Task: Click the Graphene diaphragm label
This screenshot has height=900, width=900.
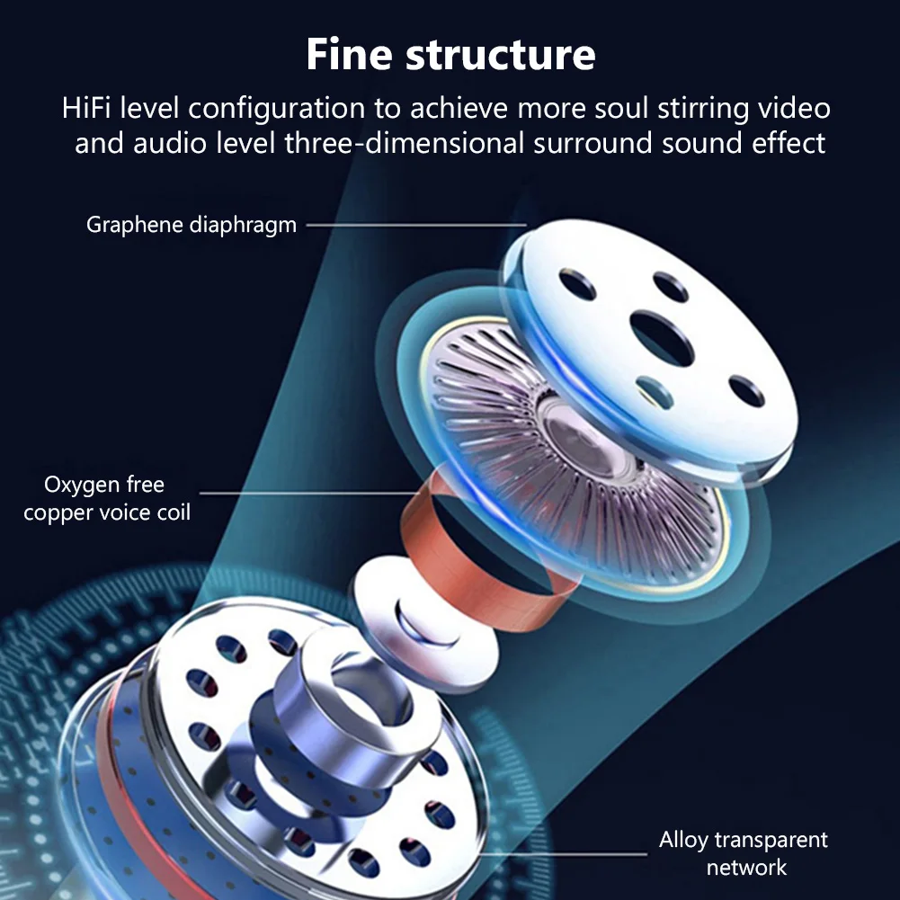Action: pos(191,225)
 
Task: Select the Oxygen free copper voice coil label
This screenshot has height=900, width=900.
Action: pos(106,499)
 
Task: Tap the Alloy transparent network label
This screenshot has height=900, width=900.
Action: pos(744,853)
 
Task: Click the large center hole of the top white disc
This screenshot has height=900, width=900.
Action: pos(661,338)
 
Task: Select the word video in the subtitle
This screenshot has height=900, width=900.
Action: pos(790,109)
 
